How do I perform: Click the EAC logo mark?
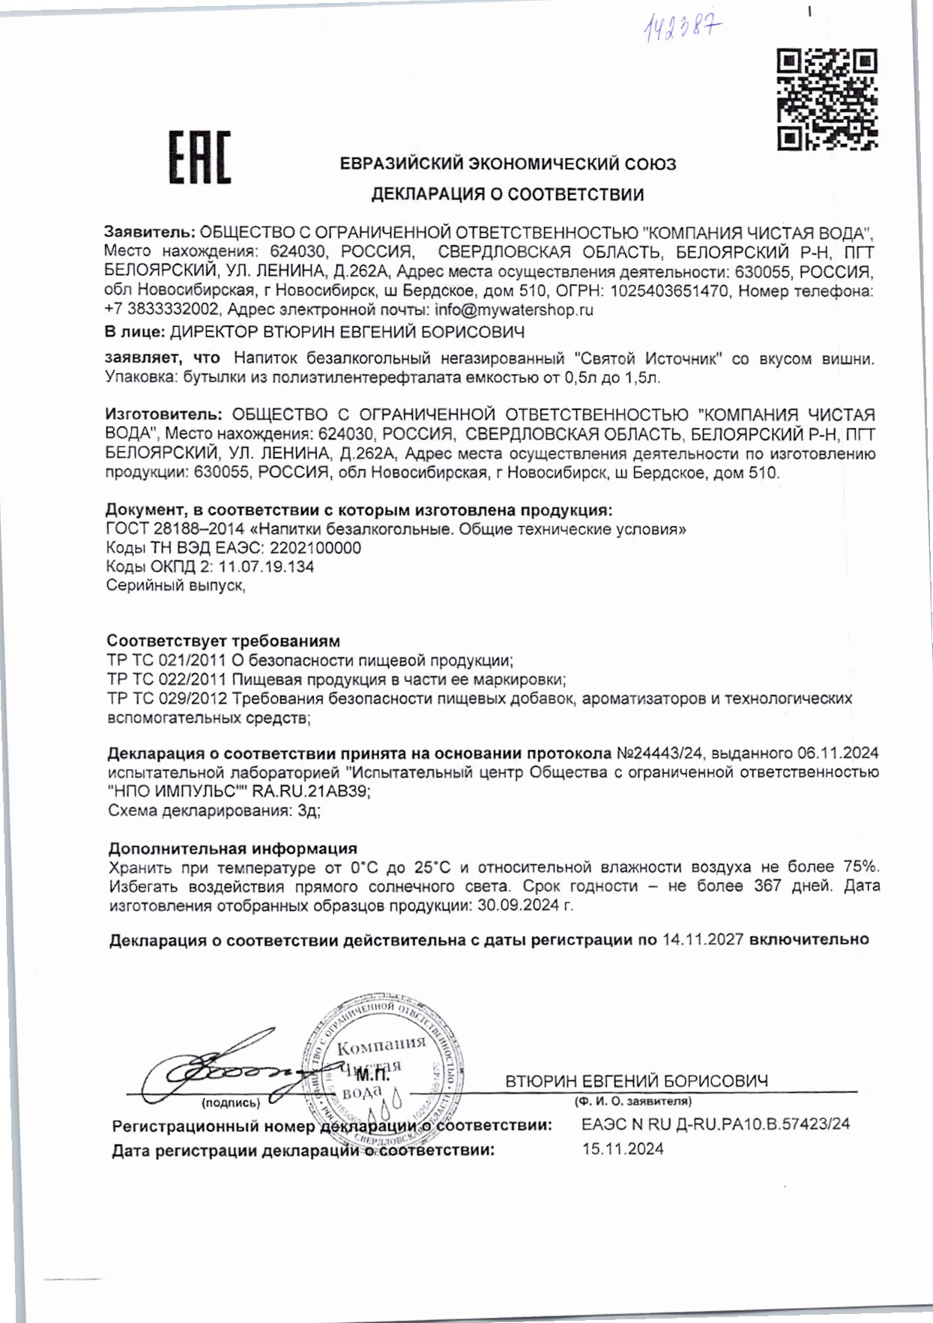tap(199, 157)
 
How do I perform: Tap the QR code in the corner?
tap(827, 99)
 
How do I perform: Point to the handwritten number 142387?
tap(683, 29)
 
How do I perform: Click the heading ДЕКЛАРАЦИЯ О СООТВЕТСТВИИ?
tap(507, 195)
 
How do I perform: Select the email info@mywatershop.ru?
tap(514, 310)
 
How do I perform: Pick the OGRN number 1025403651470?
tap(669, 291)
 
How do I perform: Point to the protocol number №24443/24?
tap(660, 753)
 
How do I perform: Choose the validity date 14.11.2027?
tap(702, 940)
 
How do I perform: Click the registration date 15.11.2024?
tap(623, 1149)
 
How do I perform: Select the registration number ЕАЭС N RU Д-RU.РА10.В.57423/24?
tap(716, 1124)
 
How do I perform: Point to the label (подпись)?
tap(231, 1103)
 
